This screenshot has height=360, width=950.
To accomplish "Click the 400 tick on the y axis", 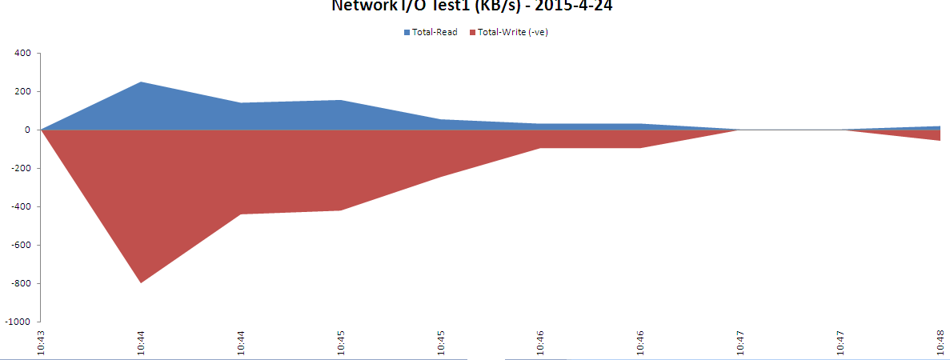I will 22,54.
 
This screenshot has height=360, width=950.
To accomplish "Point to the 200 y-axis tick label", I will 22,92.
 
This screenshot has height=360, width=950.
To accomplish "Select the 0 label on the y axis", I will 27,130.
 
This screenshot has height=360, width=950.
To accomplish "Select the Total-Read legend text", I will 435,33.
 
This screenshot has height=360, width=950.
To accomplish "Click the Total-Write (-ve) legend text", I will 512,33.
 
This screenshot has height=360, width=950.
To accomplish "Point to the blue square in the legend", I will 407,33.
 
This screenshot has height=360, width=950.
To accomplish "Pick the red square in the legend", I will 472,33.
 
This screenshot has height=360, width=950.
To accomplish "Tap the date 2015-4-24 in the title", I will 579,6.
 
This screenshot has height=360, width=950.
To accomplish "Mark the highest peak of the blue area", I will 141,82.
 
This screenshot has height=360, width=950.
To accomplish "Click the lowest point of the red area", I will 141,282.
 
